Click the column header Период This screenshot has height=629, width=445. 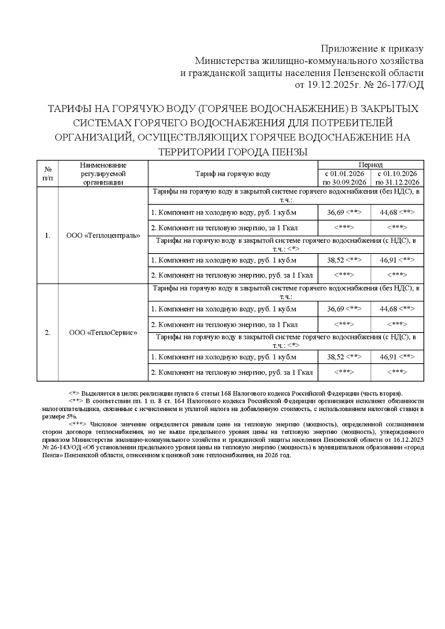(370, 165)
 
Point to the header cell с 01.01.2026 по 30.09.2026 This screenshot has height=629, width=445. (345, 178)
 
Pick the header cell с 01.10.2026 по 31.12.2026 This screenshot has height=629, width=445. (397, 178)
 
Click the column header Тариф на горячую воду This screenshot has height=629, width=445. (233, 174)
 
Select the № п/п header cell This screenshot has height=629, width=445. (48, 174)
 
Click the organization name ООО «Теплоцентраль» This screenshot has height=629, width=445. (103, 236)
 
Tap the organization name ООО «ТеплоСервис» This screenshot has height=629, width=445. (103, 333)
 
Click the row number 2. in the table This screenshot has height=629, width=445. (47, 333)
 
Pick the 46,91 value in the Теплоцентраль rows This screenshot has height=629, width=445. (388, 260)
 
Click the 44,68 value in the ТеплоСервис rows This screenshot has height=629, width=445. (388, 309)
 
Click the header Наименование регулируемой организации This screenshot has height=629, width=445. (103, 174)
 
